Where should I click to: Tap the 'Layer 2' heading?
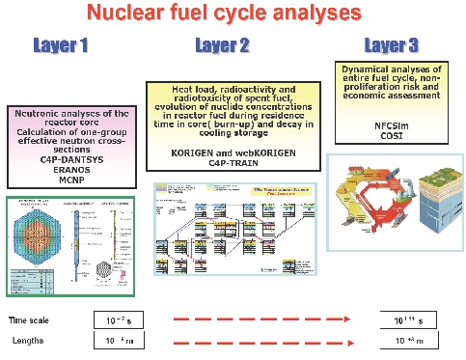[223, 45]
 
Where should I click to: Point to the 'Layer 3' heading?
[392, 45]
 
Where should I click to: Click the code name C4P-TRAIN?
[224, 162]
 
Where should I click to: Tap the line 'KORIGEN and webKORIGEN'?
[224, 152]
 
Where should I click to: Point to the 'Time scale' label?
[30, 319]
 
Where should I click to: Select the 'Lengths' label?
[28, 340]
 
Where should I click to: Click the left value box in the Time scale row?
[122, 319]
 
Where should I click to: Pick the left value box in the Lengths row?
[122, 340]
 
